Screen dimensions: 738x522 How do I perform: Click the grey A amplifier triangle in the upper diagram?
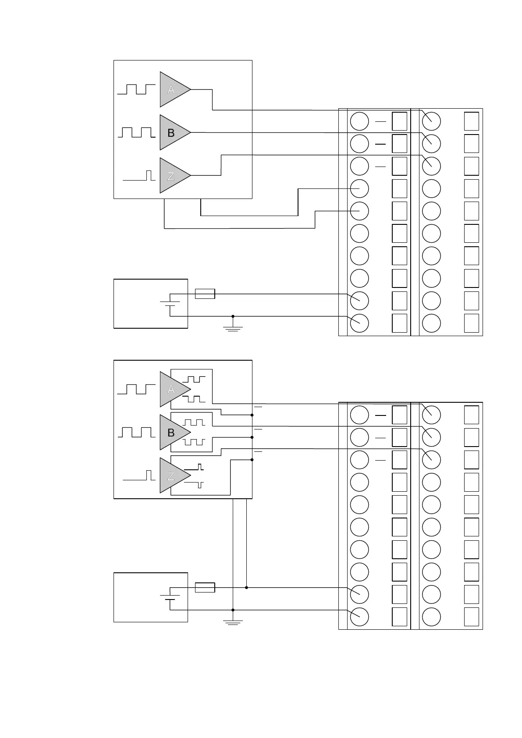[x=172, y=89]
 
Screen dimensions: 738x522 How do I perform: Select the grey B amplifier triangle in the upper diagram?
[x=172, y=132]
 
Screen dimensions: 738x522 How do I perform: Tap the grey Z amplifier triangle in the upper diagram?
[x=172, y=175]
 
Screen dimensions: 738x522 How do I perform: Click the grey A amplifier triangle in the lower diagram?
[x=172, y=389]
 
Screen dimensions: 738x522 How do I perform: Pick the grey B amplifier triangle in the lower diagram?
[x=172, y=433]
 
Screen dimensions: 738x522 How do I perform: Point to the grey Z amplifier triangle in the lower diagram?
[x=172, y=475]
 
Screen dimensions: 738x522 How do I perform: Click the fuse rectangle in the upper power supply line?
[x=205, y=294]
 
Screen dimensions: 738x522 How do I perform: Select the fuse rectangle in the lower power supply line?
[x=205, y=587]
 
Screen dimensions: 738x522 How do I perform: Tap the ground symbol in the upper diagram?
[x=233, y=327]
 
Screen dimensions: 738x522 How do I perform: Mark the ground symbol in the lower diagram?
[x=233, y=621]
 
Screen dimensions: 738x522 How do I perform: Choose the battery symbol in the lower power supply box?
[x=170, y=597]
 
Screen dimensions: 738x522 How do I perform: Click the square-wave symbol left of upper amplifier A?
[x=136, y=89]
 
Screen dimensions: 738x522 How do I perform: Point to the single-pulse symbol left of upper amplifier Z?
[x=139, y=176]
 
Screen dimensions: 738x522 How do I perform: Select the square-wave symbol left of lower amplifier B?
[x=136, y=433]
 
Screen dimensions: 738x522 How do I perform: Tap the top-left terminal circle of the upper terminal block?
[x=359, y=121]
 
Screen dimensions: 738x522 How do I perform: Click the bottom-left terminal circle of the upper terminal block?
[x=359, y=323]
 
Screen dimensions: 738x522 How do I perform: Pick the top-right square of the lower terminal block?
[x=472, y=415]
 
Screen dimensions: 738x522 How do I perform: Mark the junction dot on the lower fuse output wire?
[x=247, y=587]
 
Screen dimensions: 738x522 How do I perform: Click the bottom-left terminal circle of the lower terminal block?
[x=359, y=617]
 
